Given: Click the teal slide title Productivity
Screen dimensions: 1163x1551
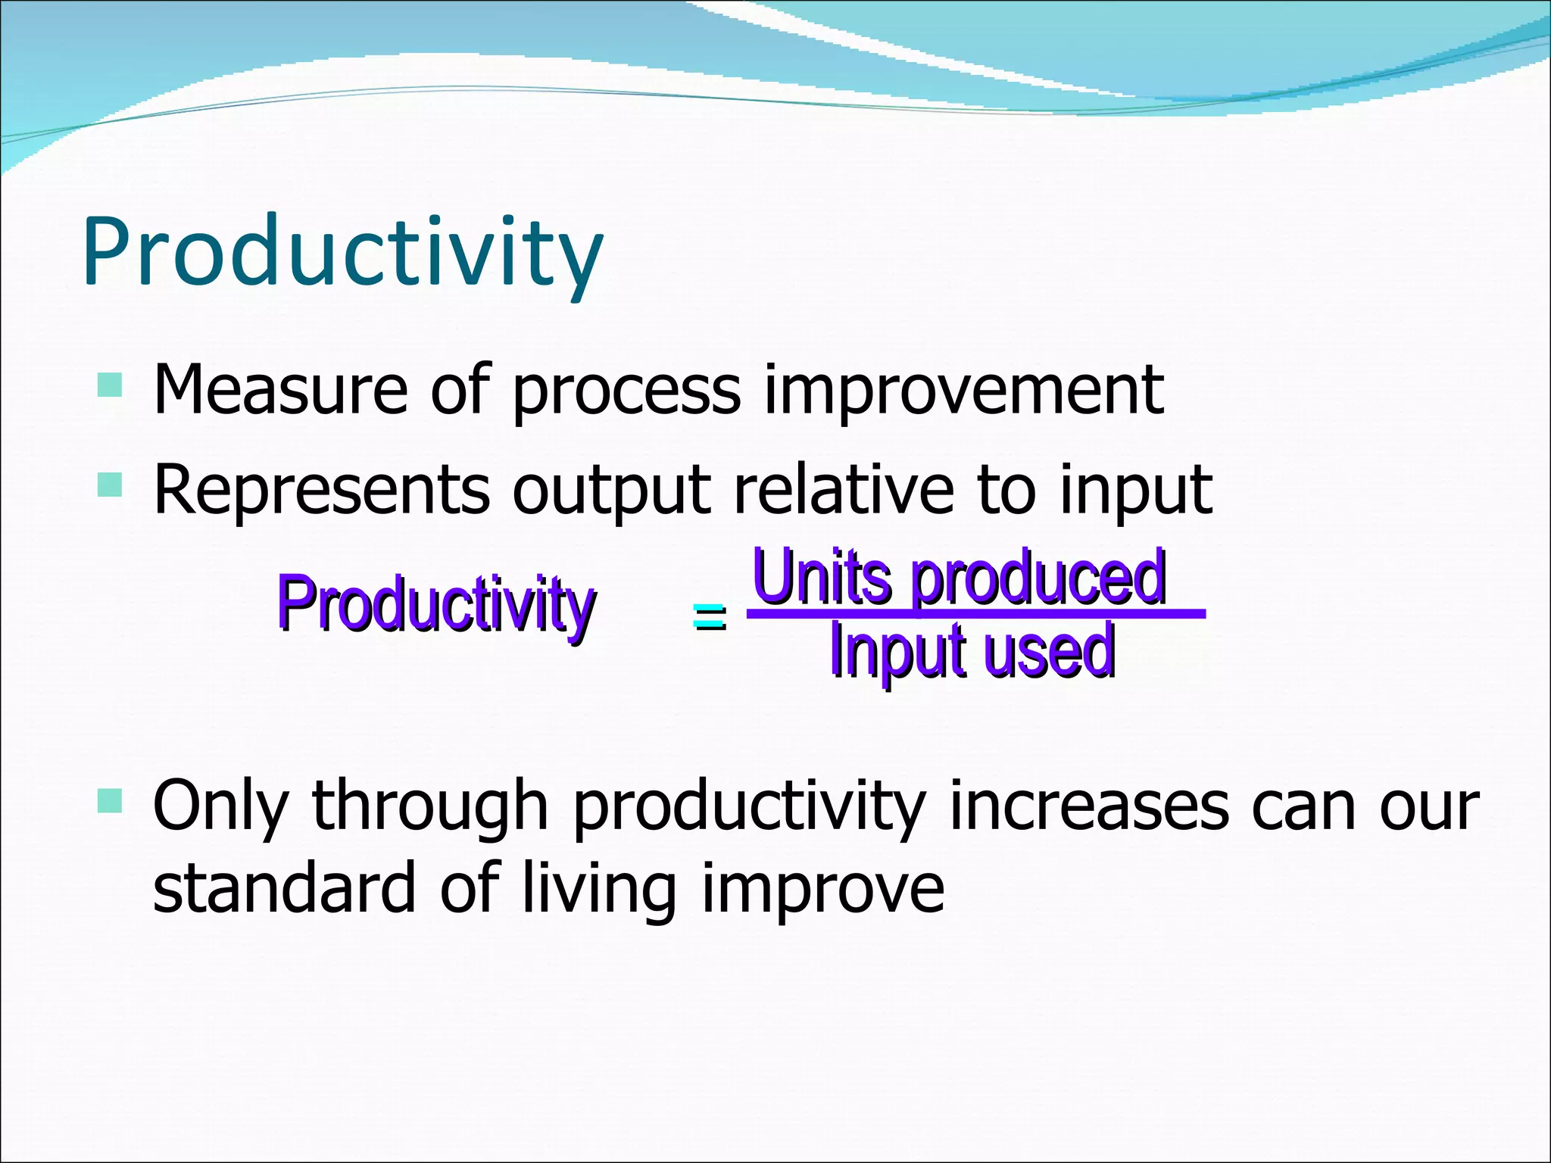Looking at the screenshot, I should [x=342, y=252].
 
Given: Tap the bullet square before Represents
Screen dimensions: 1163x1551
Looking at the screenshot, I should [x=110, y=484].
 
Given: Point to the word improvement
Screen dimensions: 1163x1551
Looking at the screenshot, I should [x=963, y=392].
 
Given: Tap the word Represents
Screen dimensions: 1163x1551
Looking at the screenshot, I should [x=321, y=491].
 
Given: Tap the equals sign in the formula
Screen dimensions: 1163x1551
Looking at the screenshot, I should [x=709, y=616].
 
